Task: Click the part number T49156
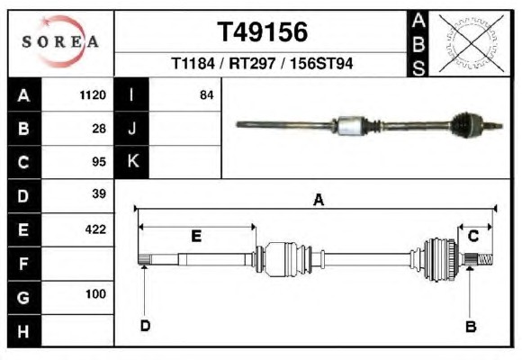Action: [262, 32]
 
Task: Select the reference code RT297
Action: [252, 63]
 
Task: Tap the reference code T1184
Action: [193, 63]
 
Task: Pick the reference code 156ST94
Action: [321, 63]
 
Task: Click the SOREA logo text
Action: [60, 41]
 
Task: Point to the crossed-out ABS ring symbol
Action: [471, 43]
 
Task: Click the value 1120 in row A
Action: [93, 95]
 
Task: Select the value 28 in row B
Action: [99, 129]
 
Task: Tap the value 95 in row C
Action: [99, 162]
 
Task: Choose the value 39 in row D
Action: [99, 193]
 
